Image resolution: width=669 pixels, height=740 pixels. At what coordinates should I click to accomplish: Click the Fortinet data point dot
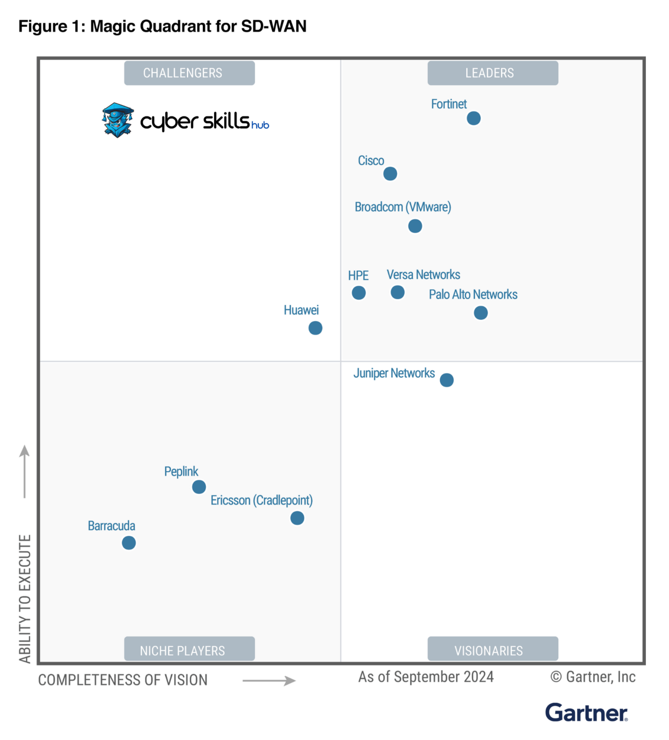tap(473, 118)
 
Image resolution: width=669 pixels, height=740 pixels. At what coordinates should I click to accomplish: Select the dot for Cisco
tap(390, 173)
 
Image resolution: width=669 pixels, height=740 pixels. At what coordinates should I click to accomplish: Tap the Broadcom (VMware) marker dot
tap(415, 226)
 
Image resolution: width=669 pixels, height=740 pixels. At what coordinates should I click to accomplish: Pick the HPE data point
tap(359, 292)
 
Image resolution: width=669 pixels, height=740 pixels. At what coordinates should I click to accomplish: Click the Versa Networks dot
tap(398, 292)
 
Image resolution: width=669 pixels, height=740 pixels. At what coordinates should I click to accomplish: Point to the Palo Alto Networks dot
tap(481, 313)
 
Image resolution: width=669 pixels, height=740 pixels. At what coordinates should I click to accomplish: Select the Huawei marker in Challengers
tap(315, 328)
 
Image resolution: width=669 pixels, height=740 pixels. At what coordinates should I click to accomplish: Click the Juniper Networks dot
tap(447, 380)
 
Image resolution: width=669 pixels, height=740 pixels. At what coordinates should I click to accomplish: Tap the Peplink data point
tap(199, 487)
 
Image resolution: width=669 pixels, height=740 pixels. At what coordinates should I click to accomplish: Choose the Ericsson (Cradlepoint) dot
tap(297, 518)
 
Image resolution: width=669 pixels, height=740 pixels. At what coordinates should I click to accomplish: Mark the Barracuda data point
tap(129, 543)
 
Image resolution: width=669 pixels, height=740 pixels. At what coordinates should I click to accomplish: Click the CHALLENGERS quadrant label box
tap(189, 73)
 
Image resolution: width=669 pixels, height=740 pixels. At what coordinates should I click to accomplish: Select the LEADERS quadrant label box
tap(493, 73)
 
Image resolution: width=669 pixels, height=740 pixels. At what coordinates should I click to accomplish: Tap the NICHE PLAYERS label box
tap(189, 649)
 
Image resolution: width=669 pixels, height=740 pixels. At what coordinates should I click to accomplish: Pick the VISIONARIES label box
tap(493, 649)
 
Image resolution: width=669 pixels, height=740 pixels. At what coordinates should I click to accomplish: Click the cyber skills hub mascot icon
tap(118, 120)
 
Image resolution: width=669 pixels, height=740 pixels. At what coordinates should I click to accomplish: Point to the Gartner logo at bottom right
tap(586, 713)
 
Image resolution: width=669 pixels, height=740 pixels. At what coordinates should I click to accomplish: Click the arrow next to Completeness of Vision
tap(269, 680)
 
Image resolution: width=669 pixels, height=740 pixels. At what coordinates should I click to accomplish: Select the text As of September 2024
tap(426, 677)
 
